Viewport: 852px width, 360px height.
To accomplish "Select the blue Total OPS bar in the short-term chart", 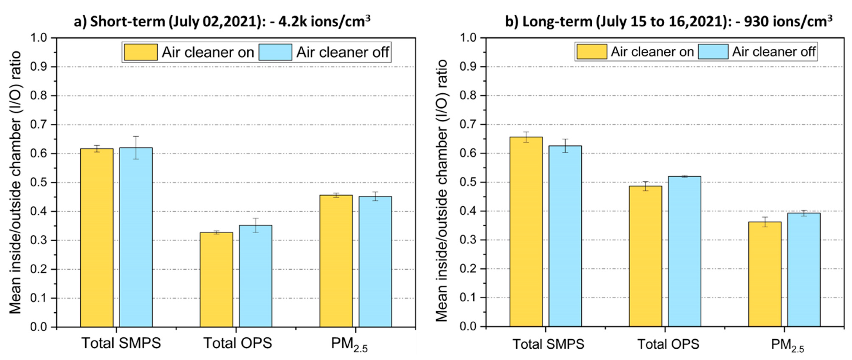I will (255, 276).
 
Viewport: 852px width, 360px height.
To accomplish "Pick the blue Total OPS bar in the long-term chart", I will (684, 252).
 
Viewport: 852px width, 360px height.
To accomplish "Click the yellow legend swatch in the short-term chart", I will (141, 52).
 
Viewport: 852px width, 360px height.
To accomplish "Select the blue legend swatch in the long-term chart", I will (713, 52).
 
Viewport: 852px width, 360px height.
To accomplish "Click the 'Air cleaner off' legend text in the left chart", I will (342, 52).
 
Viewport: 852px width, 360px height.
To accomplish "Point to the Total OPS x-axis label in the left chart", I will (237, 343).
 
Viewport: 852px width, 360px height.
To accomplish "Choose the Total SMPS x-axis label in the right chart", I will (548, 344).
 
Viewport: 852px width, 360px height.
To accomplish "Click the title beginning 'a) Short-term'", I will (222, 22).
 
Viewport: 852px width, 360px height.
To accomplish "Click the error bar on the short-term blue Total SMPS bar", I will (136, 147).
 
